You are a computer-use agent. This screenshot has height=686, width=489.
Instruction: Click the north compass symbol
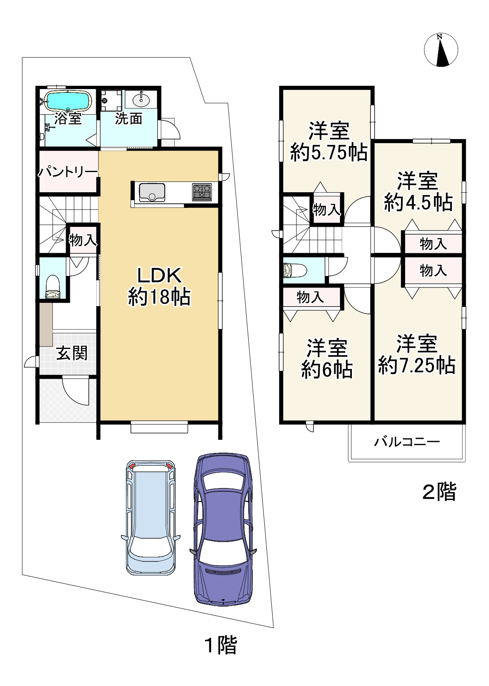(441, 50)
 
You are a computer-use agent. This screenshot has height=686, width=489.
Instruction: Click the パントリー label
(68, 172)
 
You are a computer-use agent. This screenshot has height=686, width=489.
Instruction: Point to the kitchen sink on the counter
(152, 192)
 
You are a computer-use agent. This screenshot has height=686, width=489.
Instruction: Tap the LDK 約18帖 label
(159, 286)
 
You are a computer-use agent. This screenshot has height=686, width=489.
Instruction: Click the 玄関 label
(72, 353)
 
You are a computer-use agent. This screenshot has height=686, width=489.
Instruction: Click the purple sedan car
(223, 530)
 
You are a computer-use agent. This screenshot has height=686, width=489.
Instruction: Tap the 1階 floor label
(221, 646)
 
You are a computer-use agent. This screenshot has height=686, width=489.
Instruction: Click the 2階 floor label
(439, 491)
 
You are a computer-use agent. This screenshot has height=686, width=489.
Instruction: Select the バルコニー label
(407, 442)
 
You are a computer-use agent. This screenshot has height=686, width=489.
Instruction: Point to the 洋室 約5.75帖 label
(329, 142)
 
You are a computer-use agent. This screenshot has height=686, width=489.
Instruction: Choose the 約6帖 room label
(326, 359)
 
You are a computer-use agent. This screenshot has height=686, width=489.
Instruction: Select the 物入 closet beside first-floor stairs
(83, 240)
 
